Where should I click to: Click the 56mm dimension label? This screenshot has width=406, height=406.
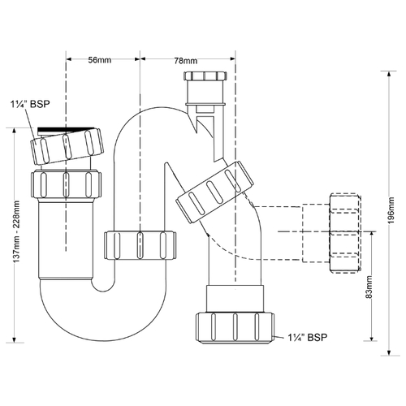point(100,59)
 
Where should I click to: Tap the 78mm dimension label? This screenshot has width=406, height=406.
point(186,61)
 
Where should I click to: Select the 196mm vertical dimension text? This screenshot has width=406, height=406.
point(391,210)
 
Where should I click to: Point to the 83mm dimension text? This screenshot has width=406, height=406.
point(369,287)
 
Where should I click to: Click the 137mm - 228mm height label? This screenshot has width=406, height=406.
point(16,231)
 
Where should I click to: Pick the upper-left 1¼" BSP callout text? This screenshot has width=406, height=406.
point(30,104)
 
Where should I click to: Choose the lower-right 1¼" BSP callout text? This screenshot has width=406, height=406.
point(308,337)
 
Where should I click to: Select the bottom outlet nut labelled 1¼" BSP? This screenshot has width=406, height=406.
point(235,328)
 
